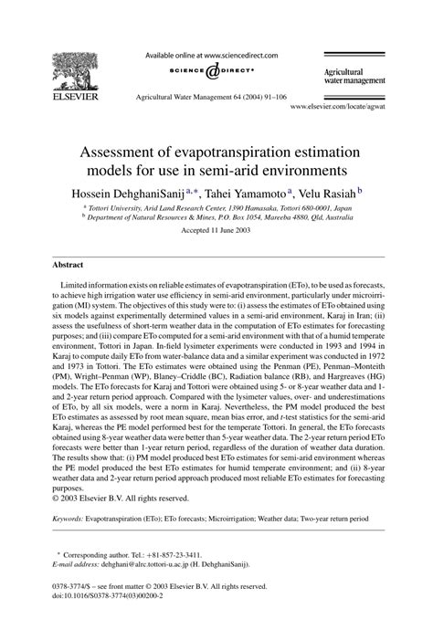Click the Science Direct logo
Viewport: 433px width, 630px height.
216,72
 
